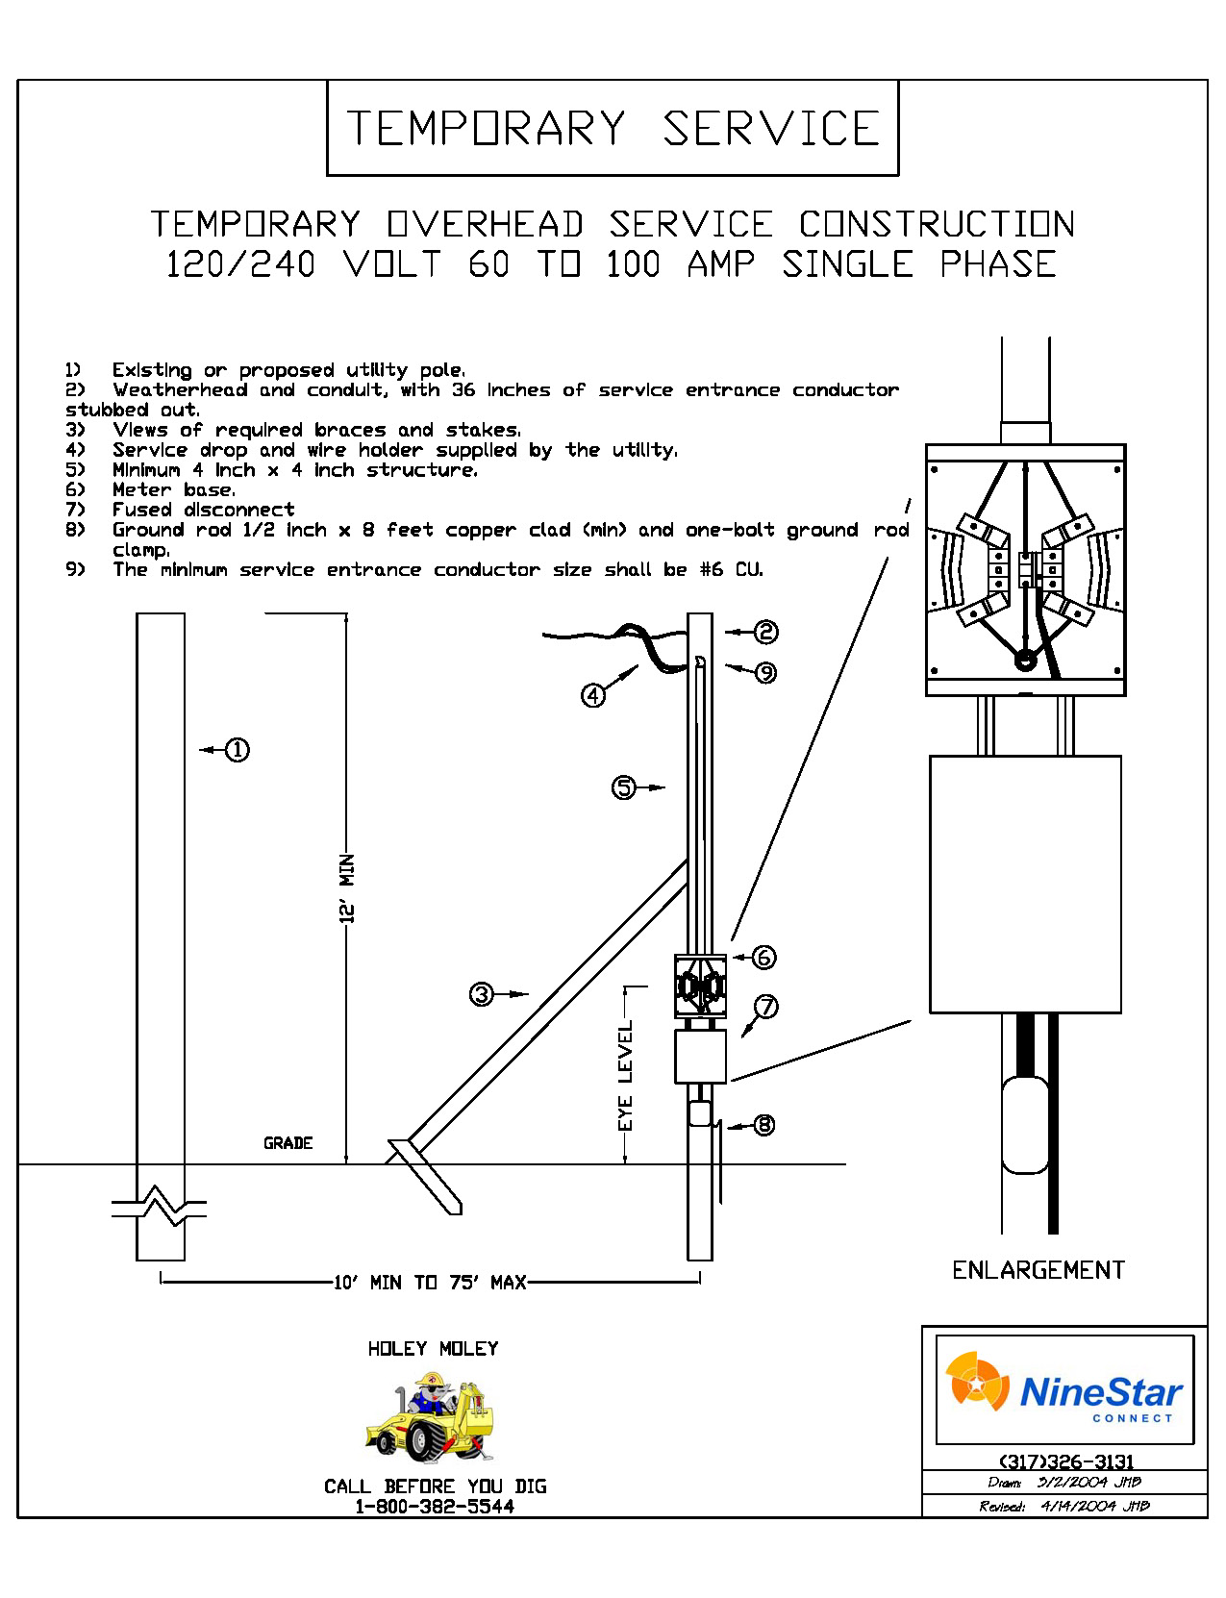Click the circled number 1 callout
237,750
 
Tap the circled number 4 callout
594,694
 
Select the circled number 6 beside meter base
763,957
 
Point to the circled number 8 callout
763,1124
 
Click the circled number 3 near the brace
482,994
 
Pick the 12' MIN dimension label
348,888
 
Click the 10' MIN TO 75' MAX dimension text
430,1282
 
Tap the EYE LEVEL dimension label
626,1076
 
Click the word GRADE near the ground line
288,1143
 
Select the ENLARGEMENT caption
1038,1270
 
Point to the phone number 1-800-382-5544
435,1507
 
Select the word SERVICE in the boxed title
771,129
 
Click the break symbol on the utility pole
161,1207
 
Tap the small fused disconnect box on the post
700,1056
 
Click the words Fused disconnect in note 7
203,510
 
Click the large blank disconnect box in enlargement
1025,884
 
